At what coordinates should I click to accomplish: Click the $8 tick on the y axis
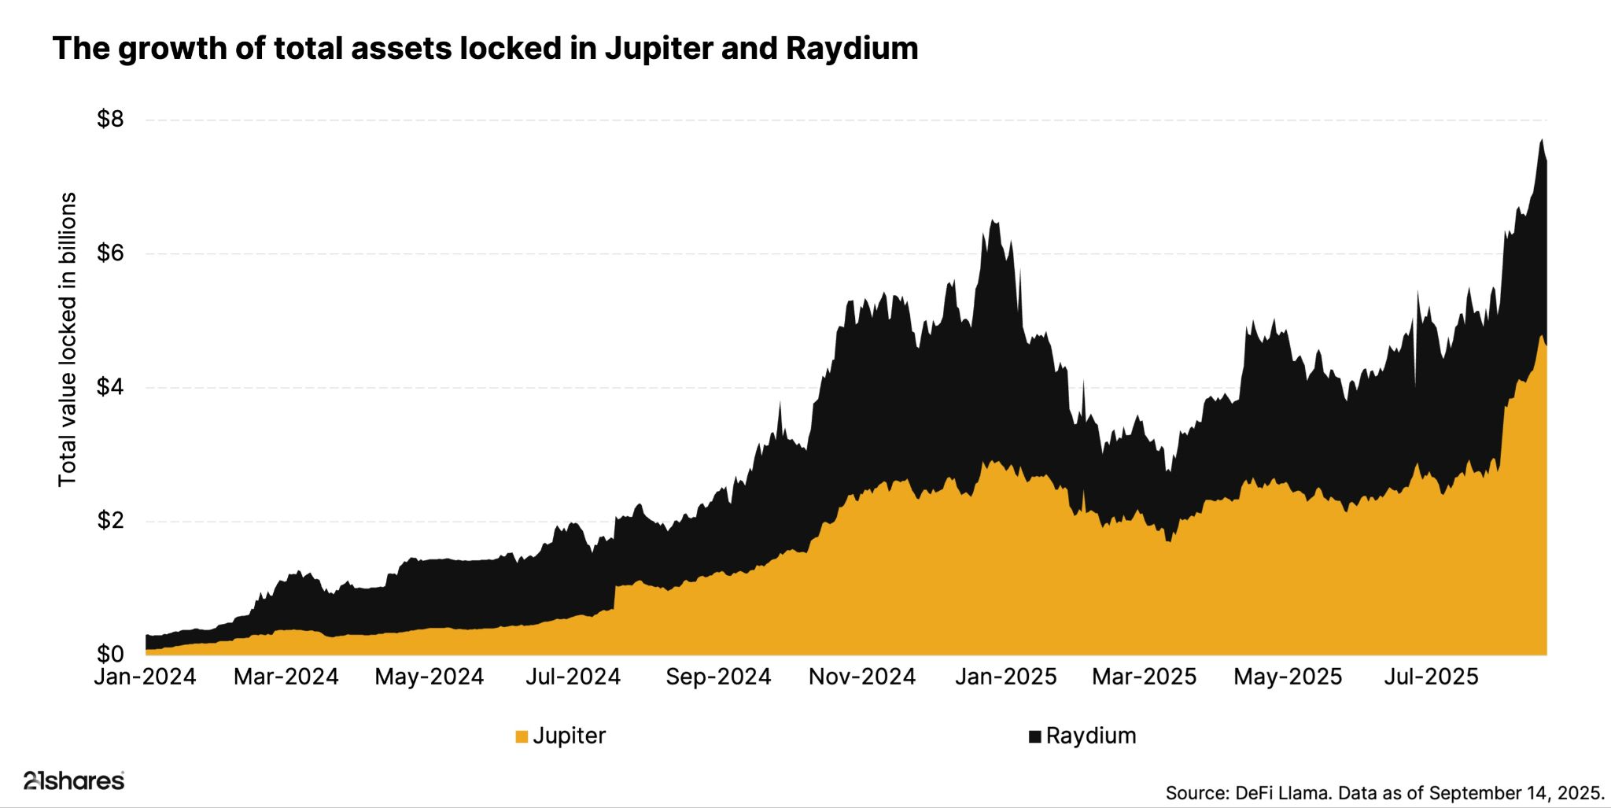coord(110,120)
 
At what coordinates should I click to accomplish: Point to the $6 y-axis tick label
coord(110,253)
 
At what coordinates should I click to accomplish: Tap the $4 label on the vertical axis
coord(110,387)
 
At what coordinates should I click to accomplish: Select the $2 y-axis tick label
coord(110,521)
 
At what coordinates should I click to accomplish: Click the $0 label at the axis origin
coord(110,654)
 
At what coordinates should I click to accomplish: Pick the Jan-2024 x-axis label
coord(145,677)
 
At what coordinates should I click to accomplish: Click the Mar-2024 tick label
coord(286,677)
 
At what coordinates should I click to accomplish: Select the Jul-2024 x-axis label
coord(573,677)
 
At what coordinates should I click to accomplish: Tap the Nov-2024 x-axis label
coord(862,677)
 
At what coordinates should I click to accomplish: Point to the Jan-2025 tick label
coord(1005,677)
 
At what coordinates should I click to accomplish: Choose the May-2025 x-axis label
coord(1288,677)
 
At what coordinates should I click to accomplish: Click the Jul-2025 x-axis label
coord(1431,677)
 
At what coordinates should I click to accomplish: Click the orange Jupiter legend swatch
coord(522,737)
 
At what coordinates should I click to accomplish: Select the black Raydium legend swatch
coord(1035,737)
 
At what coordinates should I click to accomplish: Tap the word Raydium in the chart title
coord(852,49)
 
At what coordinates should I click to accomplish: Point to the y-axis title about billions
coord(68,338)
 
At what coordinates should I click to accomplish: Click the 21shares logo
coord(74,781)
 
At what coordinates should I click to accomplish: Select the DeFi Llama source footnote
coord(1384,791)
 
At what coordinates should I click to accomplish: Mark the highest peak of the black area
coord(1542,140)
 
